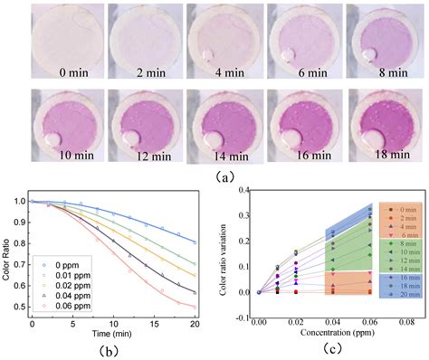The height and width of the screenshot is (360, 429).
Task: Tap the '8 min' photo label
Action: tap(380, 69)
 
